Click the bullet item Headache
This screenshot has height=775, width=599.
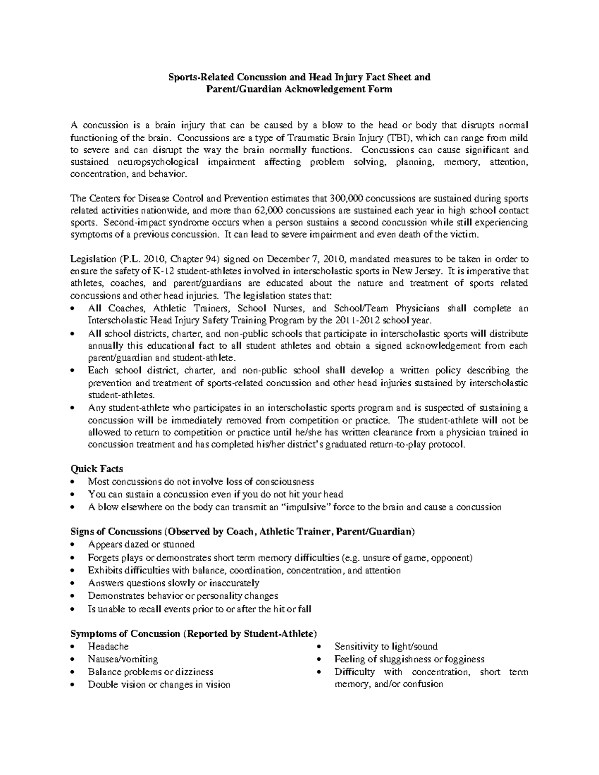(x=108, y=646)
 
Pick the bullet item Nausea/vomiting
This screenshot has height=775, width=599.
(x=123, y=659)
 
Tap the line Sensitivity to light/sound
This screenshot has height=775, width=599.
(x=386, y=646)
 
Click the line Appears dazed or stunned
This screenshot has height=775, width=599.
(x=141, y=544)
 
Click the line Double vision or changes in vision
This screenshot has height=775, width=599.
(x=159, y=684)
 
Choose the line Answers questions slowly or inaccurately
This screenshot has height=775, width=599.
(x=173, y=582)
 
